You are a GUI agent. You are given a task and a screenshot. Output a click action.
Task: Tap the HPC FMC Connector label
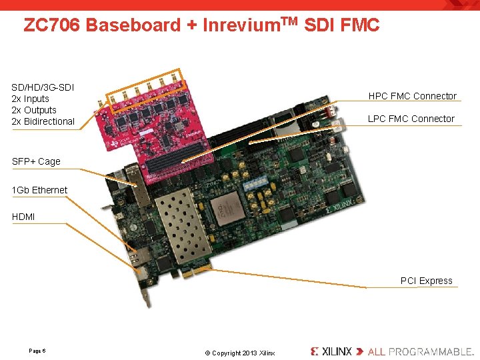(412, 96)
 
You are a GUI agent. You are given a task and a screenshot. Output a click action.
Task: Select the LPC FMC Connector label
(411, 119)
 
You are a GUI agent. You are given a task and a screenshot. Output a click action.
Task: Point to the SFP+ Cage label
(36, 161)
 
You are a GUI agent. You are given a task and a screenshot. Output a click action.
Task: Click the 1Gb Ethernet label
(40, 190)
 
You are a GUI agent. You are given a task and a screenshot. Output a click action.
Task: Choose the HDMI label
(23, 217)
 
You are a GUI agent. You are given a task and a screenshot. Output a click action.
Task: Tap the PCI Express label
(426, 281)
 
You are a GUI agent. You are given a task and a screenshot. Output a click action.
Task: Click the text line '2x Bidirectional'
(43, 121)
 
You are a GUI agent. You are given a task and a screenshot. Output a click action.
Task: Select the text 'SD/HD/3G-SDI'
(43, 87)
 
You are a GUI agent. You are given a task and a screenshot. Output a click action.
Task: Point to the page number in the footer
(37, 351)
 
